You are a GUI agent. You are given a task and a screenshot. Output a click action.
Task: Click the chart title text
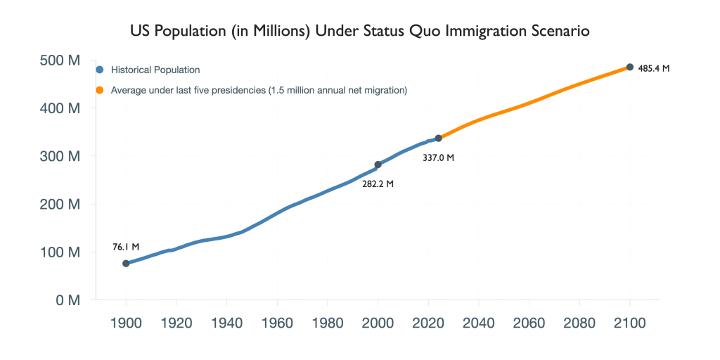pos(360,32)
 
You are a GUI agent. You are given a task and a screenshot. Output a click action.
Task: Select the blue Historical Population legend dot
pos(100,70)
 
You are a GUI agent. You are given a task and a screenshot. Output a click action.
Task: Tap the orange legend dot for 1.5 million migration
pos(100,90)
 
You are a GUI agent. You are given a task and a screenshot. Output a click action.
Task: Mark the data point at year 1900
pos(127,264)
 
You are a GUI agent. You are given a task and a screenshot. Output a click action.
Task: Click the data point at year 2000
pos(378,165)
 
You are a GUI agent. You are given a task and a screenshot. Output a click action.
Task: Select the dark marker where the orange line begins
pos(439,138)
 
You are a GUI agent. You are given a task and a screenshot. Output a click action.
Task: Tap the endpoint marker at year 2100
pos(630,67)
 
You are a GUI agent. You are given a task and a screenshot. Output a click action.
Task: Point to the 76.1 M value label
pos(127,247)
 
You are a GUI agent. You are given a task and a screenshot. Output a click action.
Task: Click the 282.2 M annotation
pos(378,184)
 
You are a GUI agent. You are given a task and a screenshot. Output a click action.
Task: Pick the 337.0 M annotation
pos(439,157)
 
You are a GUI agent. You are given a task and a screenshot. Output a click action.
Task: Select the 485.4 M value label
pos(654,69)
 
